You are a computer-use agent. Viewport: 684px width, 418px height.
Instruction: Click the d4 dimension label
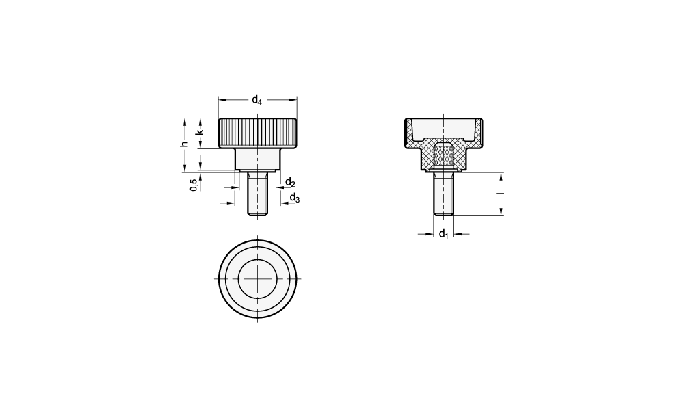point(257,101)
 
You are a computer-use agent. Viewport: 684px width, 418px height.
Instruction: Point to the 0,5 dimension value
point(194,185)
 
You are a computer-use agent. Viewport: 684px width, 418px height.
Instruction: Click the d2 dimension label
point(290,183)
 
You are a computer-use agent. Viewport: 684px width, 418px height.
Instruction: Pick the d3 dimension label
point(295,198)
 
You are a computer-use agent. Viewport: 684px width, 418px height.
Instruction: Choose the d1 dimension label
point(444,234)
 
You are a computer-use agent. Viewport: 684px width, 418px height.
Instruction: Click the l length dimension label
point(501,194)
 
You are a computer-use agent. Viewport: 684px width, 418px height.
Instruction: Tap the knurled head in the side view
point(257,133)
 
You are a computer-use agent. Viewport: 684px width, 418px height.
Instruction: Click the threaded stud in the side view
point(257,194)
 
